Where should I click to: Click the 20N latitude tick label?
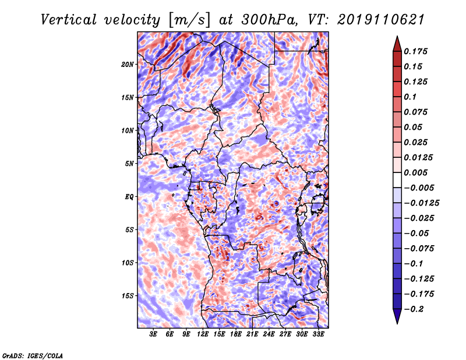tap(128, 65)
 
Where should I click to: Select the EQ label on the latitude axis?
tap(129, 197)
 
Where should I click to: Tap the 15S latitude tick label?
tap(128, 296)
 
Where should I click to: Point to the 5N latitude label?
tap(129, 164)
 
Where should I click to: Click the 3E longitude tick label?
tap(153, 334)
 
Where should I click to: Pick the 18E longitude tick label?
tap(236, 334)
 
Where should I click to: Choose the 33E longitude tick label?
tap(318, 334)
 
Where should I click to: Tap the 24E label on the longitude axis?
tap(269, 334)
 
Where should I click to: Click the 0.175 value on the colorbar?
tap(416, 51)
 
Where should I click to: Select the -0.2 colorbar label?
tap(414, 309)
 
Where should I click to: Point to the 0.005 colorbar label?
tap(416, 172)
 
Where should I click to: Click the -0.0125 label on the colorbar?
tap(421, 203)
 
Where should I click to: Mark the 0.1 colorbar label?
tap(411, 97)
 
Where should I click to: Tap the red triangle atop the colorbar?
tap(397, 44)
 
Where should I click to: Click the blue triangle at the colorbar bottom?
tap(397, 316)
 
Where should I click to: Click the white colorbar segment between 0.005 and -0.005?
tap(397, 180)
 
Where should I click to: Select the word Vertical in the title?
tap(69, 20)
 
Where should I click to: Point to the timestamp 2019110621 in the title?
tap(381, 20)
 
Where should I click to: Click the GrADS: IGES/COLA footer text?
tap(33, 356)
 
